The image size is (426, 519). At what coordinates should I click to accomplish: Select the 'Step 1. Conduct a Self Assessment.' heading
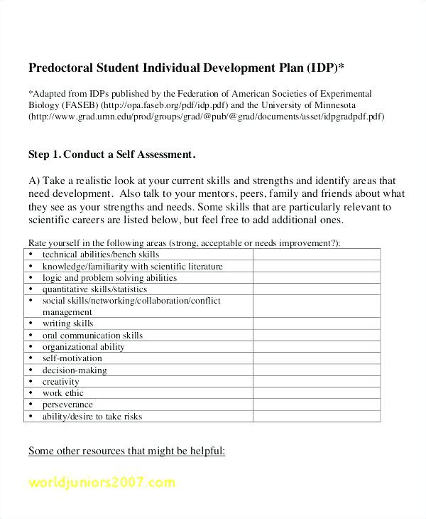coord(111,154)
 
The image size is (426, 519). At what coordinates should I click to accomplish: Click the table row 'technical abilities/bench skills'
coord(100,255)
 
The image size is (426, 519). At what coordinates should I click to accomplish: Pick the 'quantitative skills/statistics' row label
coord(94,289)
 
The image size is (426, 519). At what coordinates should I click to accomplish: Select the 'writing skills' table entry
coord(67,323)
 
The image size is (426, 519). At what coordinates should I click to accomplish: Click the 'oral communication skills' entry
coord(92,335)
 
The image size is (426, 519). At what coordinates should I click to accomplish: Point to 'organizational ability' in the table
coord(83,347)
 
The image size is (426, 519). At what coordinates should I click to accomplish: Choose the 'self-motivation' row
coord(72,358)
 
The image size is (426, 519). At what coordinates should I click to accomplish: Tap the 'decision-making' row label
coord(75,370)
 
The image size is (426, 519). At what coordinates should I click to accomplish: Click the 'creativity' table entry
coord(60,382)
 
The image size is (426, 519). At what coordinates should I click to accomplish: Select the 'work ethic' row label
coord(62,393)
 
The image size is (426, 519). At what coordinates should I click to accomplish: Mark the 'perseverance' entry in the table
coord(67,405)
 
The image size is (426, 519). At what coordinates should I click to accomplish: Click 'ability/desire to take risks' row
coord(92,417)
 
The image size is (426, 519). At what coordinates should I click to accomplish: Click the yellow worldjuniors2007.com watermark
coord(102,483)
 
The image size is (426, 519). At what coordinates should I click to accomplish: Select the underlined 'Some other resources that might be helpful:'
coord(126,451)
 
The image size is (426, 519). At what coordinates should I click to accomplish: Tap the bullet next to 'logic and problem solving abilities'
coord(31,278)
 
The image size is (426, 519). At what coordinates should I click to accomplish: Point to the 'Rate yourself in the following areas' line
coord(184,242)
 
